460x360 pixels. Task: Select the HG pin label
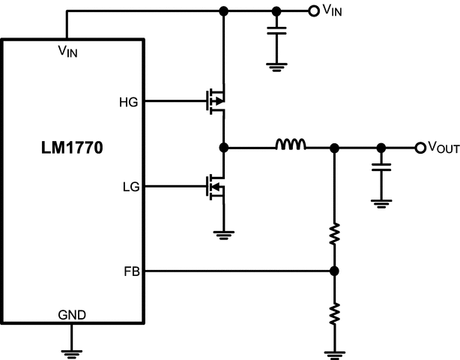coord(128,102)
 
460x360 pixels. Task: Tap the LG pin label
coord(128,186)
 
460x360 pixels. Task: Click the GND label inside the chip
coord(71,315)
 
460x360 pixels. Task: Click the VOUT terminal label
coord(443,148)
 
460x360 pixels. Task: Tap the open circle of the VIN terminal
coord(314,10)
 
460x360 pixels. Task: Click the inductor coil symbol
coord(290,145)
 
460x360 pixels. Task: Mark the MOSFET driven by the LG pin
coord(217,185)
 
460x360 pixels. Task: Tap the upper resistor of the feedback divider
coord(335,234)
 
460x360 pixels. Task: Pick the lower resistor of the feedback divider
coord(335,311)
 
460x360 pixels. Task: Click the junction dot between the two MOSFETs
coord(223,147)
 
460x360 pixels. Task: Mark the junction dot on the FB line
coord(335,271)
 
